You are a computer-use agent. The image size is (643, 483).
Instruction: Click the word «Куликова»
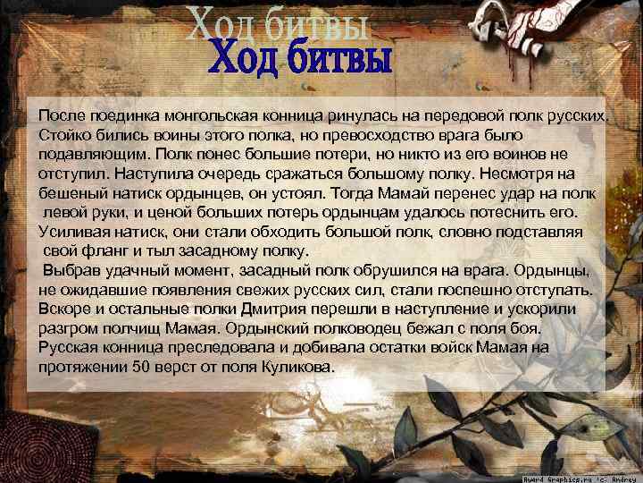[298, 368]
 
